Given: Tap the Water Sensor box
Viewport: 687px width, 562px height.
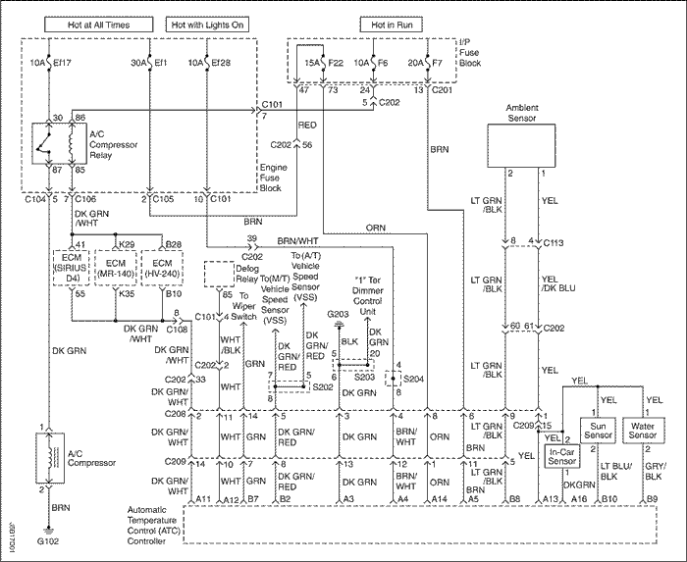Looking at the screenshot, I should coord(643,429).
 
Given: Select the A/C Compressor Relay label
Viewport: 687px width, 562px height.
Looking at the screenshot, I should coord(113,144).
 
